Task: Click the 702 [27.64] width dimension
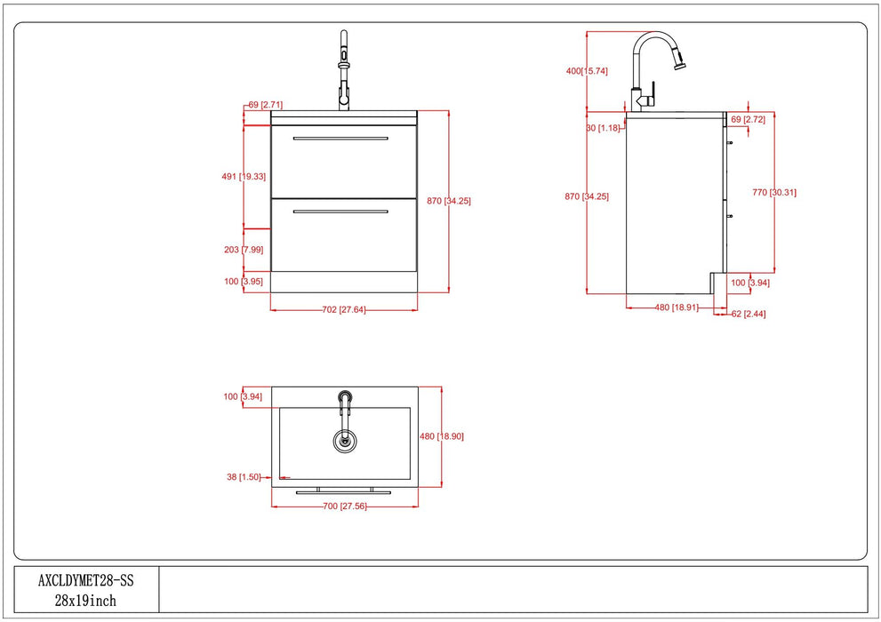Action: pyautogui.click(x=343, y=310)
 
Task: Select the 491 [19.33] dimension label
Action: pyautogui.click(x=244, y=177)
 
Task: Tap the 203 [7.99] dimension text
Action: pyautogui.click(x=244, y=250)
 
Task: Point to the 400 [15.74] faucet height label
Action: pyautogui.click(x=587, y=71)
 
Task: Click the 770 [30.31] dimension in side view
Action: pyautogui.click(x=773, y=192)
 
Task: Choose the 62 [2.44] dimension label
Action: pyautogui.click(x=748, y=315)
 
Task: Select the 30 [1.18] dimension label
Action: pyautogui.click(x=604, y=128)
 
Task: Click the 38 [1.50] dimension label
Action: pyautogui.click(x=244, y=477)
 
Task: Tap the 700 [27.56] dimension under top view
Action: pyautogui.click(x=343, y=506)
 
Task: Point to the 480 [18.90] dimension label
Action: pyautogui.click(x=442, y=436)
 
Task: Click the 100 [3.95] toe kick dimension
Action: pyautogui.click(x=244, y=282)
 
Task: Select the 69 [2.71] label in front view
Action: pyautogui.click(x=265, y=105)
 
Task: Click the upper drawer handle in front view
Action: pyautogui.click(x=340, y=139)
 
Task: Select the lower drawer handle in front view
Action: pyautogui.click(x=340, y=211)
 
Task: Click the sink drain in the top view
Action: pyautogui.click(x=344, y=438)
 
